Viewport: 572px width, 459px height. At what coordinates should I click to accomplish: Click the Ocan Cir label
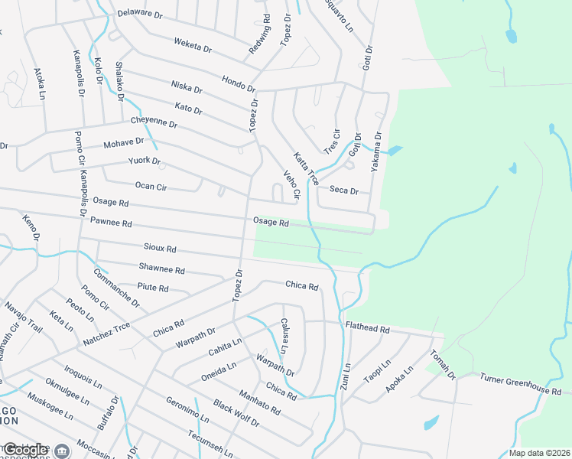(x=151, y=187)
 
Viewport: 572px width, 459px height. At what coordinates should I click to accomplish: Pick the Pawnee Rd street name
(x=111, y=223)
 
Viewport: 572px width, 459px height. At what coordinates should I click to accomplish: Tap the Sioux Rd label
(x=161, y=249)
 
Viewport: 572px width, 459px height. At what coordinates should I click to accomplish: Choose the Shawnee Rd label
(x=162, y=269)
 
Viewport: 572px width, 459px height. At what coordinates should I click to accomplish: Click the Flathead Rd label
(x=368, y=329)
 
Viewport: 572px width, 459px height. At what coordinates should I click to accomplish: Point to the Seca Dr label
(x=344, y=190)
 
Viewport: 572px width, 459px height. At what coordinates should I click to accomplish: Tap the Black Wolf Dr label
(x=236, y=413)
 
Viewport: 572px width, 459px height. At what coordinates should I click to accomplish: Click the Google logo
(x=25, y=450)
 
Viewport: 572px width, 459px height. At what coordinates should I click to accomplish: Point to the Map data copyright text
(x=538, y=453)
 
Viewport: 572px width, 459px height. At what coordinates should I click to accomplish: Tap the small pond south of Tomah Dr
(x=431, y=422)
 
